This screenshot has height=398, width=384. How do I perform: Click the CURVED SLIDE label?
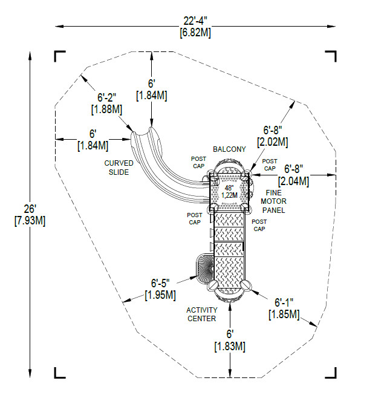tap(119, 168)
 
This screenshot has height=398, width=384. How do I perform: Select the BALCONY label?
tap(229, 149)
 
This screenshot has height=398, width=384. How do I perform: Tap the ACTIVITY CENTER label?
tap(202, 315)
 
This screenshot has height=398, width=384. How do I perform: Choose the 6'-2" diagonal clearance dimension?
tap(109, 97)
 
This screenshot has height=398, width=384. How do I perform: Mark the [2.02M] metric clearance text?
tap(273, 142)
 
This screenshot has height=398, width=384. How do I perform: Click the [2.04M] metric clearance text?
tap(293, 181)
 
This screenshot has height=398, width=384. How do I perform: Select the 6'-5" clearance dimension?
tap(160, 283)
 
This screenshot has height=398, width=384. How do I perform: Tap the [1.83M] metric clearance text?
tap(229, 347)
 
